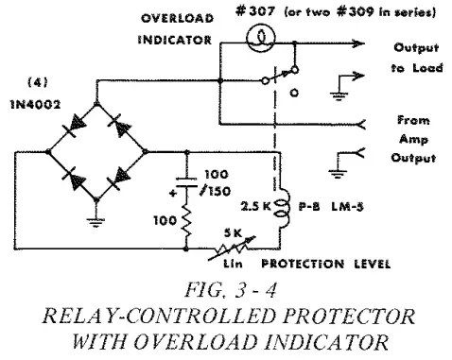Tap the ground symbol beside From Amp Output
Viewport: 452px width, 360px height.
point(336,189)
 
